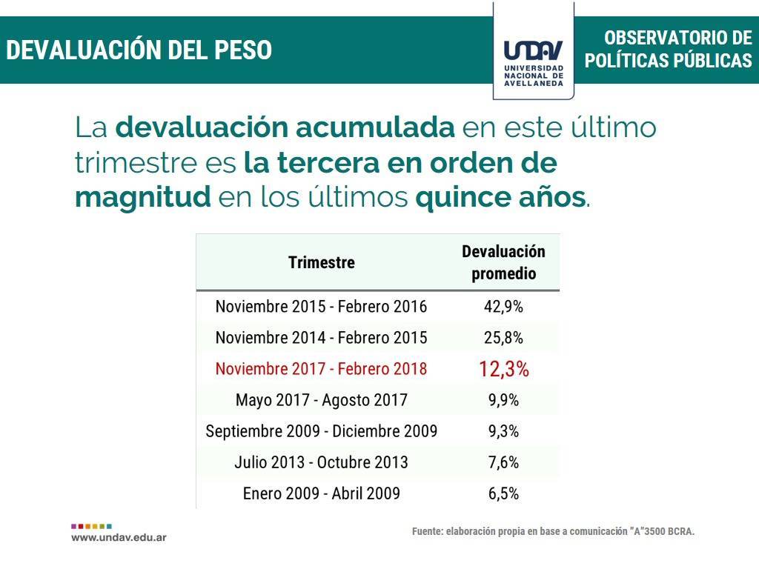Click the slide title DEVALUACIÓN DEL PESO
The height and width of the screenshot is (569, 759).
point(139,50)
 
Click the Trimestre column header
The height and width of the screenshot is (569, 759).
point(322,262)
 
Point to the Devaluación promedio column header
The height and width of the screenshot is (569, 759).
point(503,262)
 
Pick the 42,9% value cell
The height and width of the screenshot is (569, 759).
point(503,307)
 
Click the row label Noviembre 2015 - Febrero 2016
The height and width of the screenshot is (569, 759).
point(321,307)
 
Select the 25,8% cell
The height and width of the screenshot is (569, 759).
point(503,338)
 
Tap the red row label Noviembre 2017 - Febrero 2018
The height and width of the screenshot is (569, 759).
point(321,369)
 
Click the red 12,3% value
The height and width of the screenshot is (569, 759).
point(504,369)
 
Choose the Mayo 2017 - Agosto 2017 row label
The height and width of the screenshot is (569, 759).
point(322,400)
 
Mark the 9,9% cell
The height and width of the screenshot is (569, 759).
point(503,400)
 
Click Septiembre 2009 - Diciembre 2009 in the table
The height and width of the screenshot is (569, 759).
point(322,431)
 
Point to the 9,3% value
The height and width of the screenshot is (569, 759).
point(503,431)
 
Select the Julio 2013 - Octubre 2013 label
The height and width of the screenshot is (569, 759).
point(322,462)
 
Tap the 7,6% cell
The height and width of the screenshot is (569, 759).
point(503,462)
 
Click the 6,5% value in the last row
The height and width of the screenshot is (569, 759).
point(503,493)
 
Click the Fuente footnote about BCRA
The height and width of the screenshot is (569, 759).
point(553,531)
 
